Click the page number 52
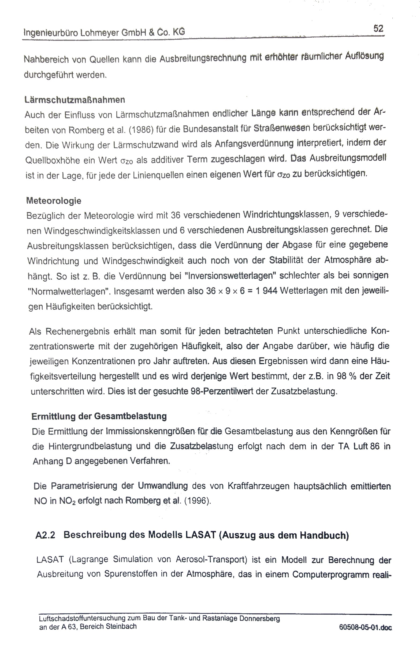378,28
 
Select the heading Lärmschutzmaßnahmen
75,100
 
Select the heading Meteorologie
54,201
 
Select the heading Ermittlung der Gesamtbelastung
99,416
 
